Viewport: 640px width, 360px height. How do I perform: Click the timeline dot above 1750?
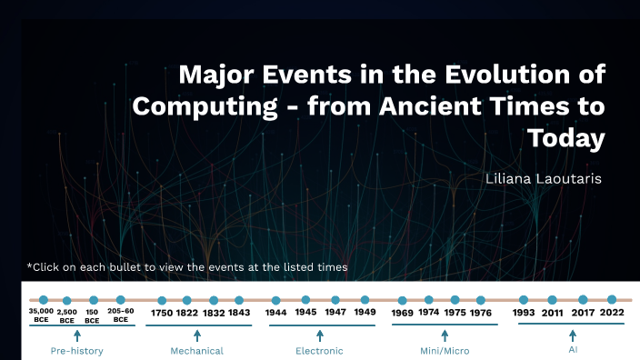(162, 300)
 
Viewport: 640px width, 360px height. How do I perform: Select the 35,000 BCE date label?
(42, 315)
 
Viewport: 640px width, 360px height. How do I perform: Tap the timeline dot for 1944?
(276, 300)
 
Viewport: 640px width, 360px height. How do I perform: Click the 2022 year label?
(611, 313)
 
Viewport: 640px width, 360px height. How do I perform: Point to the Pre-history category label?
(76, 350)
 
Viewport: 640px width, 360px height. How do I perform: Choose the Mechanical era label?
(196, 350)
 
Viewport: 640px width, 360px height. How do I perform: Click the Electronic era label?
(319, 350)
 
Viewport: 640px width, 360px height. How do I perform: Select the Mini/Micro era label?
(445, 350)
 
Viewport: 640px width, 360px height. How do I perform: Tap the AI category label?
(573, 349)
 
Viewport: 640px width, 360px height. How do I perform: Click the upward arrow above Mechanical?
(197, 335)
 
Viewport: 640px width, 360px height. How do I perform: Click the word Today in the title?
(565, 139)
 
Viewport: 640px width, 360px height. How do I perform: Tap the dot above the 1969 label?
(403, 300)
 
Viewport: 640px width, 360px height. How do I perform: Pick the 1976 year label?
(482, 313)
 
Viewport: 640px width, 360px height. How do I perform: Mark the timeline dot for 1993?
(524, 300)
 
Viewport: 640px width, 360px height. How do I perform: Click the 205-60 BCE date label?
(121, 315)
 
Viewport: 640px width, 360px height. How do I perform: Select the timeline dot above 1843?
(239, 300)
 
